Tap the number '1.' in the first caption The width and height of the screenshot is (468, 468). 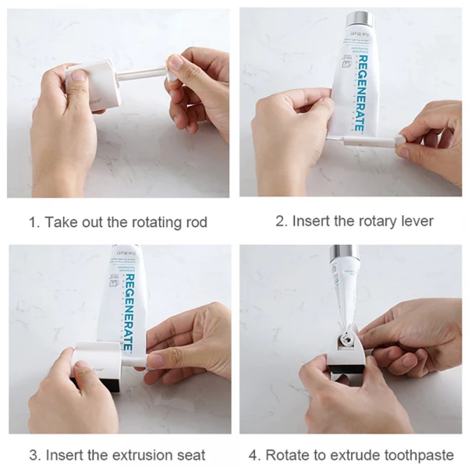34,222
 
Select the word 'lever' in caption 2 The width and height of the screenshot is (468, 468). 415,221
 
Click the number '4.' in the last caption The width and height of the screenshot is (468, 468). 254,455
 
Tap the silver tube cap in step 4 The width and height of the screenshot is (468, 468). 343,253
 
